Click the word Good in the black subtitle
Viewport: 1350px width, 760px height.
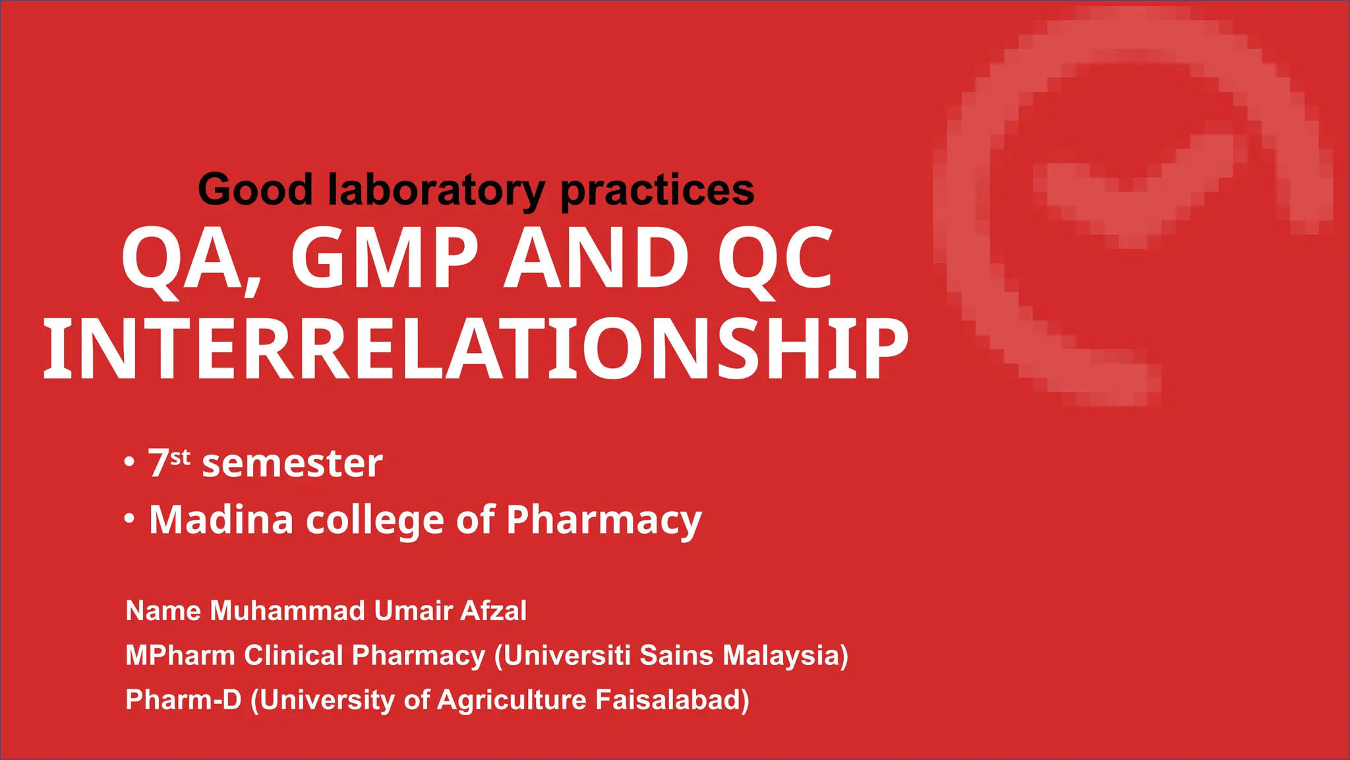pyautogui.click(x=255, y=190)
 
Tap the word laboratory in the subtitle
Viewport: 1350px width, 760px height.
pyautogui.click(x=436, y=190)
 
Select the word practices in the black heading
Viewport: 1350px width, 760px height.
pyautogui.click(x=657, y=190)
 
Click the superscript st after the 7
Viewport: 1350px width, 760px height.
pyautogui.click(x=180, y=457)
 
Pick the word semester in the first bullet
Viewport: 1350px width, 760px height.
pyautogui.click(x=292, y=464)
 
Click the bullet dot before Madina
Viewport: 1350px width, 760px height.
pyautogui.click(x=130, y=519)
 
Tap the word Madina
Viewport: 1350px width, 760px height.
pyautogui.click(x=221, y=520)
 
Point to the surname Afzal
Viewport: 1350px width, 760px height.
pyautogui.click(x=493, y=611)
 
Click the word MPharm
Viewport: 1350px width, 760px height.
pyautogui.click(x=180, y=656)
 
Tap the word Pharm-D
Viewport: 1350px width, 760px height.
pyautogui.click(x=183, y=700)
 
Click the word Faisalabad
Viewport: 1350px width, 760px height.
pyautogui.click(x=671, y=700)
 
